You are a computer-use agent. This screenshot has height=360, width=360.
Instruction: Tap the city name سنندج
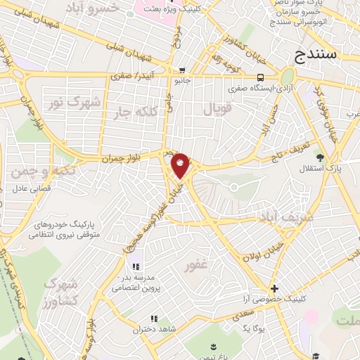(x=316, y=53)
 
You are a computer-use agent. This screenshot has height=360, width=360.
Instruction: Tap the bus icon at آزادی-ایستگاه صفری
(x=260, y=77)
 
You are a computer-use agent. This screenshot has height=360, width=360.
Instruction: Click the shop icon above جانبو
(x=182, y=70)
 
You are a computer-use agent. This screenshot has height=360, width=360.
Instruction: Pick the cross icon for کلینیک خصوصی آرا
(x=274, y=288)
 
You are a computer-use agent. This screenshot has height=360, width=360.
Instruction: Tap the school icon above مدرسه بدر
(x=136, y=266)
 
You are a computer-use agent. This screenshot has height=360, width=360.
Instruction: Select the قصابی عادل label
(x=30, y=189)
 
